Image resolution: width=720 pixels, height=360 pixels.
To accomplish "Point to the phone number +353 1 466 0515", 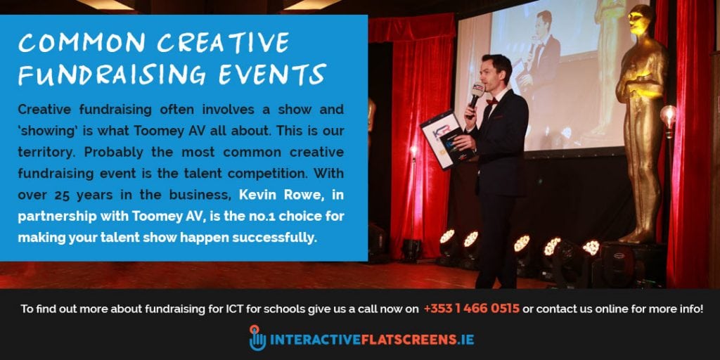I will (x=471, y=309).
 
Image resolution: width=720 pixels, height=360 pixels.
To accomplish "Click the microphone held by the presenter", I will (x=476, y=94).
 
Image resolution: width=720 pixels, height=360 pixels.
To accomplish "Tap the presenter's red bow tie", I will (x=491, y=101).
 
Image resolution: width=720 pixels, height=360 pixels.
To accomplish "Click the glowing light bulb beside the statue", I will (x=667, y=115).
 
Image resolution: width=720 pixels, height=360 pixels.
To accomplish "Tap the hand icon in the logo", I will (x=257, y=338).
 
